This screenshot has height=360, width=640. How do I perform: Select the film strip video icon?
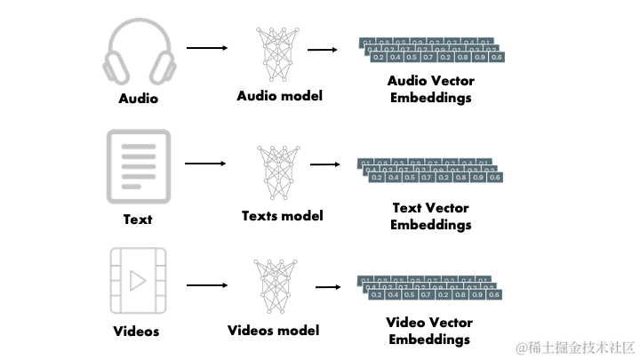(138, 279)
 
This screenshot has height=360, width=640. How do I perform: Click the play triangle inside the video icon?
(138, 281)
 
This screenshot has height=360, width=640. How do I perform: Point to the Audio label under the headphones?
(138, 99)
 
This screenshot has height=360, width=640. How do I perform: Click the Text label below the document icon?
(138, 219)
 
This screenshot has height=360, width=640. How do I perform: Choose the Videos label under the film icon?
(137, 332)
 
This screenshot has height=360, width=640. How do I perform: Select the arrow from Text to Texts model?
(205, 164)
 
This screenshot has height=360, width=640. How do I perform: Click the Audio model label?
(279, 95)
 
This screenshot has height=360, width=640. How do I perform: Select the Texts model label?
(282, 215)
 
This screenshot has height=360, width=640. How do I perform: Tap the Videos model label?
(273, 331)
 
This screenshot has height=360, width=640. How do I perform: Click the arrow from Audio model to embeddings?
(321, 50)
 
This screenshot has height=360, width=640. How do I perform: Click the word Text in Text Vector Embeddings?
(408, 208)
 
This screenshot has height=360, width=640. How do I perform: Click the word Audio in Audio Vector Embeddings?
(408, 81)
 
